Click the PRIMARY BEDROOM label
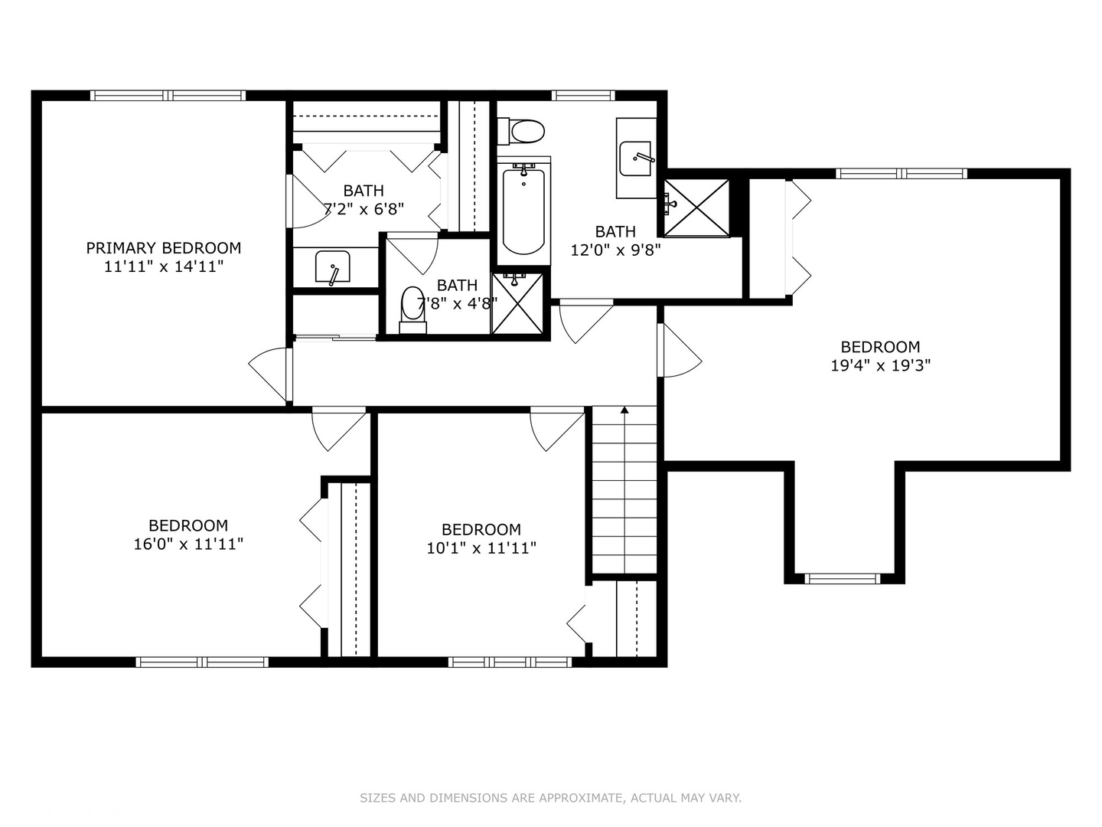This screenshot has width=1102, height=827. click(164, 248)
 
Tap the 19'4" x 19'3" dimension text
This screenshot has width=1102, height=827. click(881, 365)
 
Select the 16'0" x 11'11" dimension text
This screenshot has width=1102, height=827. click(188, 544)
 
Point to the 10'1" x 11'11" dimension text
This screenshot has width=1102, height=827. click(481, 548)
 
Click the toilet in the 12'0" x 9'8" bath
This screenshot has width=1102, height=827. click(521, 132)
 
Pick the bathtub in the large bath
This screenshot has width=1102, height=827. click(523, 210)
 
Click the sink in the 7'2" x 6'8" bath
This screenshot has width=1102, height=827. click(332, 266)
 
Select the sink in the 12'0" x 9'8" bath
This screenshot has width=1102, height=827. click(636, 159)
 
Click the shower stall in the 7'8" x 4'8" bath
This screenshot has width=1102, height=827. click(517, 303)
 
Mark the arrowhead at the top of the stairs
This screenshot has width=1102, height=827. click(624, 410)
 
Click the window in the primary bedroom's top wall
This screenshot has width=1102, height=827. click(168, 96)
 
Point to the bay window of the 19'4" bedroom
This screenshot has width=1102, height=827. click(843, 578)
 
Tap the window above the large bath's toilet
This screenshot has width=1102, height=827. click(583, 96)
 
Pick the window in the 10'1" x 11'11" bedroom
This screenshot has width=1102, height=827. click(510, 662)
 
